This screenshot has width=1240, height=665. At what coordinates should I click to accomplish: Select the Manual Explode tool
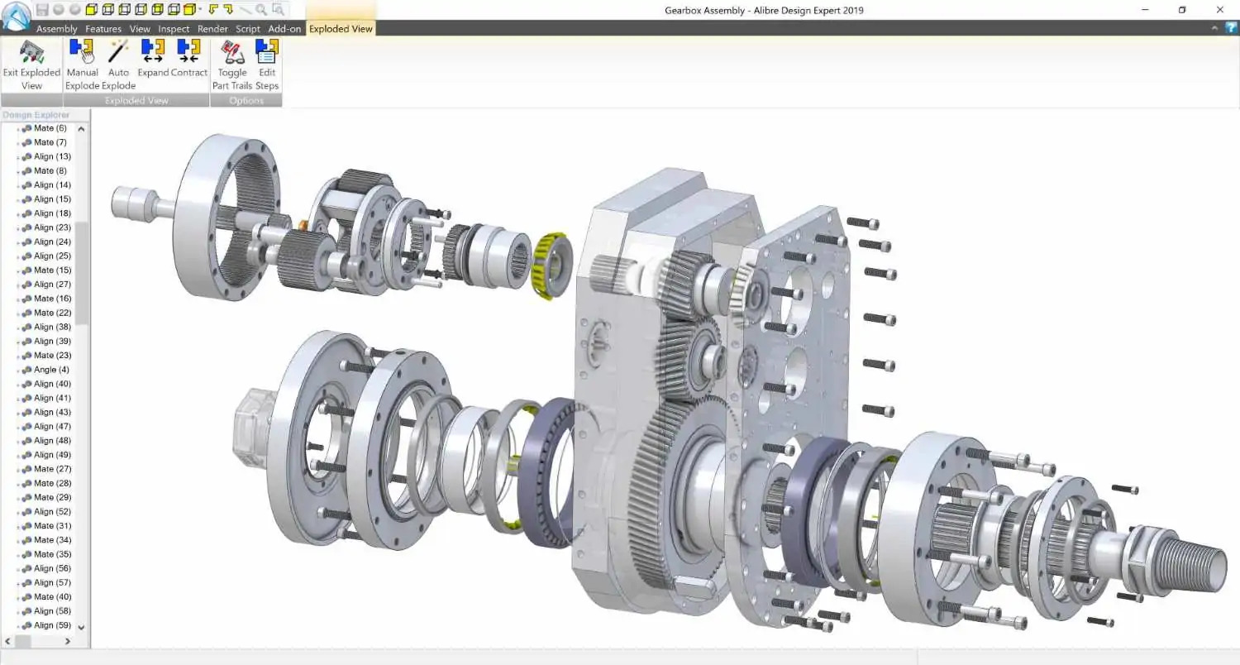coord(82,65)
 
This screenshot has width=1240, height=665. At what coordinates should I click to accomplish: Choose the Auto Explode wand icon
coord(118,65)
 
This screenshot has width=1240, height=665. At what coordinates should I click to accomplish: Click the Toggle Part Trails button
coord(232,65)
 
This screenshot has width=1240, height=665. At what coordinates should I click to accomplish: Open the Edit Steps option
coord(266,65)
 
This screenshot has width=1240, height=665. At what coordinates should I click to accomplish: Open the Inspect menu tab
coord(174,29)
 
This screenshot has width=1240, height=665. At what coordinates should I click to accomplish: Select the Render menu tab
coord(212,29)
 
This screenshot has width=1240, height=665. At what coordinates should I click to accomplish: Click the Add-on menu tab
coord(284,29)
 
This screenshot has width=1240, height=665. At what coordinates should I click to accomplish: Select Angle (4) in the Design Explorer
coord(51,370)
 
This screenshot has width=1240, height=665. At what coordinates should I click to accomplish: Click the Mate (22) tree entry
coord(52,313)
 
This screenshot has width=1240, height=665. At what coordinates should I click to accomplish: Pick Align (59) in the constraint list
coord(52,625)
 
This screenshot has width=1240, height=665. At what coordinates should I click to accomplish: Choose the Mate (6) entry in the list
coord(50,128)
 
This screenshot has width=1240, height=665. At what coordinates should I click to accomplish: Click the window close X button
coord(1219,10)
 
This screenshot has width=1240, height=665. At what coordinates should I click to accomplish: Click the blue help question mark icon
coord(1231,28)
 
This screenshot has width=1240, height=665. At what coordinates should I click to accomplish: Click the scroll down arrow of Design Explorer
coord(81,628)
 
